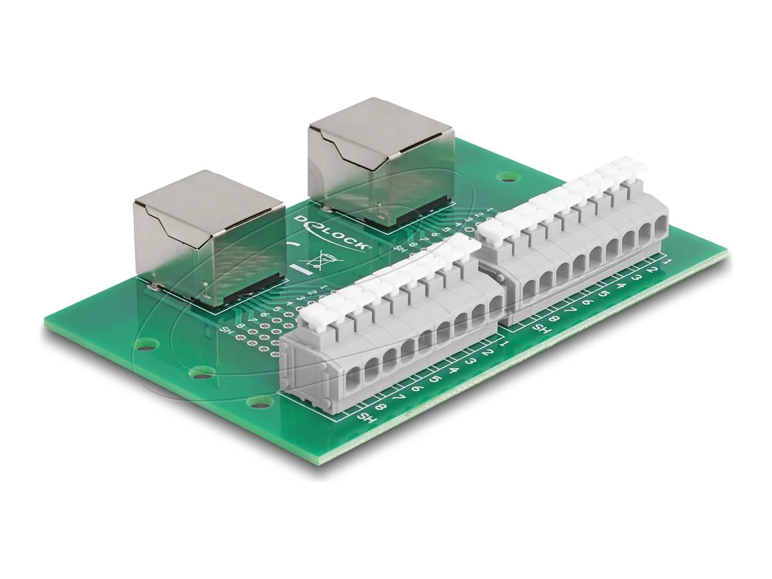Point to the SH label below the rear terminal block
point(542,329)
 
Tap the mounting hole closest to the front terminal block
point(259,403)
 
